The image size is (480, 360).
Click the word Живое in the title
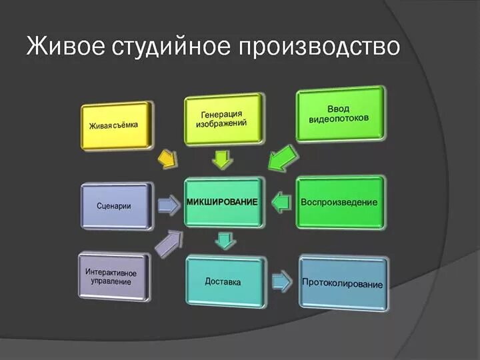click(63, 47)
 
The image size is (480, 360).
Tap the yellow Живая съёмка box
click(115, 125)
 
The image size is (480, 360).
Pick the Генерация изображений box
click(223, 119)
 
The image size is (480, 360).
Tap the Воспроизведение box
click(339, 202)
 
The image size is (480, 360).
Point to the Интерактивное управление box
click(111, 277)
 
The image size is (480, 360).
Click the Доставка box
click(223, 282)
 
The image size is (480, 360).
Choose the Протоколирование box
click(343, 283)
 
